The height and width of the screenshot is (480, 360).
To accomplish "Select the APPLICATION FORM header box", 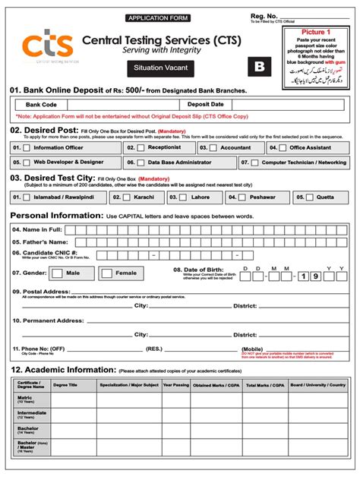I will coord(159,17).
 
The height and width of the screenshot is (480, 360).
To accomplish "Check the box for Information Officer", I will coord(27,148).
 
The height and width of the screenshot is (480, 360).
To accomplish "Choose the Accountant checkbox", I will coord(213,148).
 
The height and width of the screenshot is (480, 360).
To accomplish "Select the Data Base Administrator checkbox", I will coord(141,163).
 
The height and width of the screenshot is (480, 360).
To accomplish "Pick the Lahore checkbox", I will coord(183,197).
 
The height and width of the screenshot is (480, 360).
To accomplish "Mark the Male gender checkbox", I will coord(59,272).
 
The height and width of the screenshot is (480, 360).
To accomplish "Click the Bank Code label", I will coord(41,104).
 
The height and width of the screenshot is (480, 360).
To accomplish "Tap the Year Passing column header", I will coord(176,385).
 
